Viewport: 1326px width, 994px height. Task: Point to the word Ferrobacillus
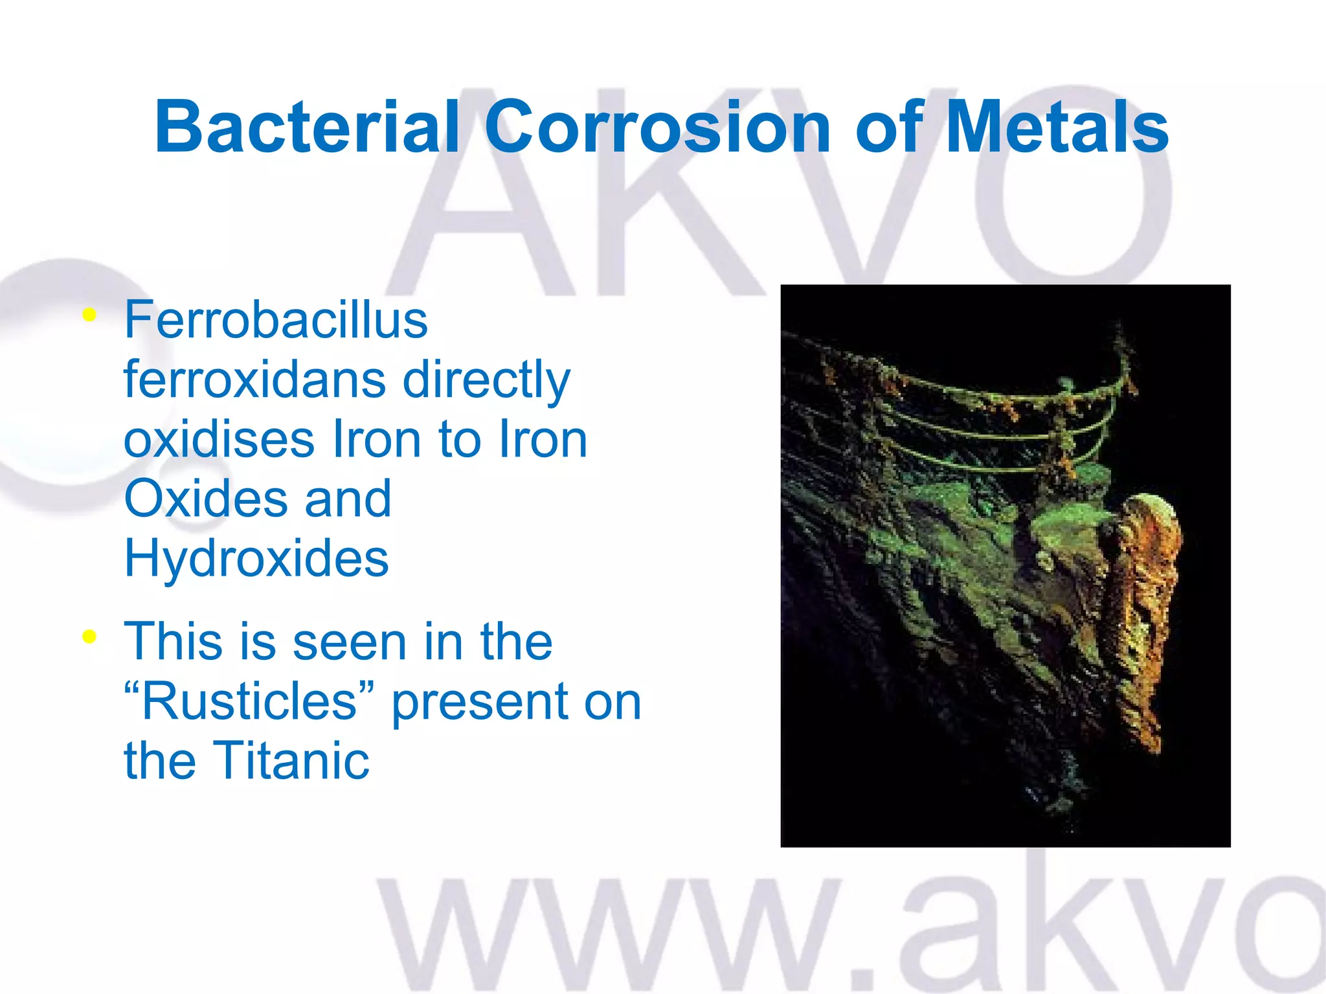(x=276, y=320)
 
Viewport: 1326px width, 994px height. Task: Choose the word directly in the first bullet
(x=486, y=381)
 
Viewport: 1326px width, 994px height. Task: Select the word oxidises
(x=219, y=439)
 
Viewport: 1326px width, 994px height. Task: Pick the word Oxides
(x=205, y=499)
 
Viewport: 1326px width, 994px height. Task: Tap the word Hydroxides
(x=256, y=558)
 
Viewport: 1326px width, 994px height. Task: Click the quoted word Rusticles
(x=249, y=701)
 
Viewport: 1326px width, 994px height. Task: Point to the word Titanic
(x=291, y=761)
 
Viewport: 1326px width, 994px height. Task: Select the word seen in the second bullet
(x=350, y=642)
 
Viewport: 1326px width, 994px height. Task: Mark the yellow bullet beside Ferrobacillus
(x=89, y=316)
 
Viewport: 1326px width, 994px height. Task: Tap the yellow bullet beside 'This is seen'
(x=89, y=637)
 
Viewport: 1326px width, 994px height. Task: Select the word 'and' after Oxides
(x=348, y=499)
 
